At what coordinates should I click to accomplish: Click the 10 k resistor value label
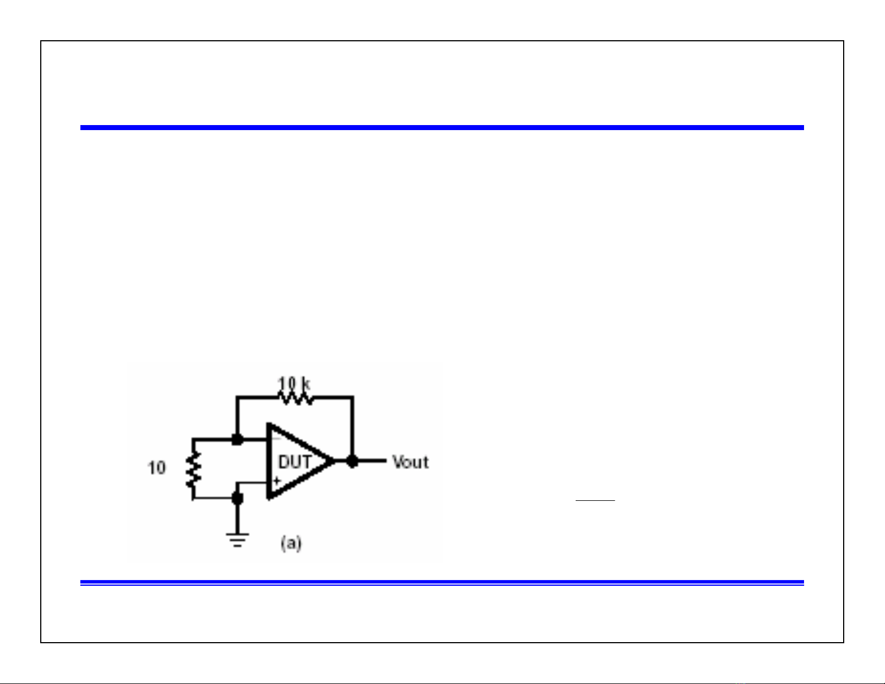(x=294, y=384)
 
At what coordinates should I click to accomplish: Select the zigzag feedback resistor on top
(x=296, y=398)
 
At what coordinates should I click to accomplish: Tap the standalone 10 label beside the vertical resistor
(x=157, y=468)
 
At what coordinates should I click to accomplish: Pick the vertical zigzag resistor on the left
(x=193, y=470)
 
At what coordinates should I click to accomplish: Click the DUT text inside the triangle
(x=295, y=462)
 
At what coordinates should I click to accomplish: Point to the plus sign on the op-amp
(x=278, y=481)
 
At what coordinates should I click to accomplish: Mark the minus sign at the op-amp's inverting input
(x=276, y=438)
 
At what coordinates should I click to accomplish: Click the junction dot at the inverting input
(x=237, y=440)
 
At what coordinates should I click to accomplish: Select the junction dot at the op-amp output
(x=352, y=461)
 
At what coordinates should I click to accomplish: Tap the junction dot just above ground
(x=237, y=498)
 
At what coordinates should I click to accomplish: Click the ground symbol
(x=237, y=540)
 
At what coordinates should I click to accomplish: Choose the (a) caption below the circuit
(x=291, y=543)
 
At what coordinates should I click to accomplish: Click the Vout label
(x=410, y=462)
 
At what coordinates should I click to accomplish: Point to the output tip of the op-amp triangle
(x=335, y=461)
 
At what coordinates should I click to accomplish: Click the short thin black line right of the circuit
(x=595, y=500)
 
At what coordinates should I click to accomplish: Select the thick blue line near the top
(x=442, y=127)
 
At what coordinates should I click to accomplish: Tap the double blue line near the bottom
(x=442, y=583)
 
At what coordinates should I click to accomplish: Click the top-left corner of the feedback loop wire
(x=237, y=397)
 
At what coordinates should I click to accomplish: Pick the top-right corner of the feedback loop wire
(x=352, y=397)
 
